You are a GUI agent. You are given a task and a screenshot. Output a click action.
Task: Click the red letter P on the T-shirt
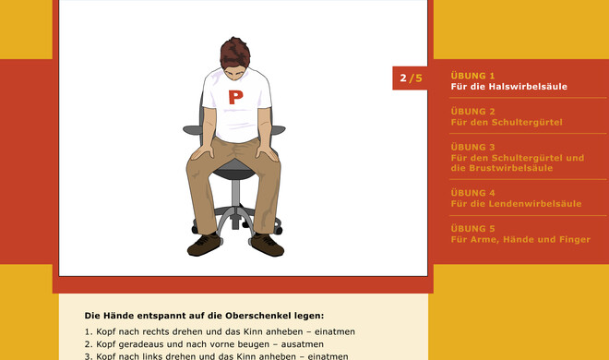click(235, 98)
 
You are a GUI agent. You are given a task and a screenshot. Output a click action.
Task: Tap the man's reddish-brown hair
click(234, 54)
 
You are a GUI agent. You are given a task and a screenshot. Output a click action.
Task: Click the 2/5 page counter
click(411, 78)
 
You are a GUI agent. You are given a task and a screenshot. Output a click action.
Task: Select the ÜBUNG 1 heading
click(472, 76)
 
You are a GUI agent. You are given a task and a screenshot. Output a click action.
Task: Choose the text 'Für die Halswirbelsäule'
click(508, 87)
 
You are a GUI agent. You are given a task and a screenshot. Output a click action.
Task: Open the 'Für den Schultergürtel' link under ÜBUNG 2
click(507, 123)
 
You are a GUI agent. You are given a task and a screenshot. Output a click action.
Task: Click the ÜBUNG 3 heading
click(472, 147)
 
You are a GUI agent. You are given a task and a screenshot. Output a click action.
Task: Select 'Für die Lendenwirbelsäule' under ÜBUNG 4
click(516, 204)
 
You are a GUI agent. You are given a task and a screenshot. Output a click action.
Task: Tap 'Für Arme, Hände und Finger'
click(520, 240)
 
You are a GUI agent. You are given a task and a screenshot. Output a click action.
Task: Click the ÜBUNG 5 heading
click(472, 229)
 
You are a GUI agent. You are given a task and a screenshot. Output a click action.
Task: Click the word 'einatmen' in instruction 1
click(335, 332)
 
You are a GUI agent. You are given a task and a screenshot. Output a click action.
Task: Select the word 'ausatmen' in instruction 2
click(302, 344)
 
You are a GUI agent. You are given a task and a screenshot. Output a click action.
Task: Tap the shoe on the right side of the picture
click(268, 245)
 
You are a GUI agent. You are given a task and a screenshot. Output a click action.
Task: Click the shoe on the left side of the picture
click(204, 245)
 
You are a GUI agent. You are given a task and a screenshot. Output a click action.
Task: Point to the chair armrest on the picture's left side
click(192, 130)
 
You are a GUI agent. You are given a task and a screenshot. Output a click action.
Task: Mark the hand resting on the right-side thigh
click(267, 152)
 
